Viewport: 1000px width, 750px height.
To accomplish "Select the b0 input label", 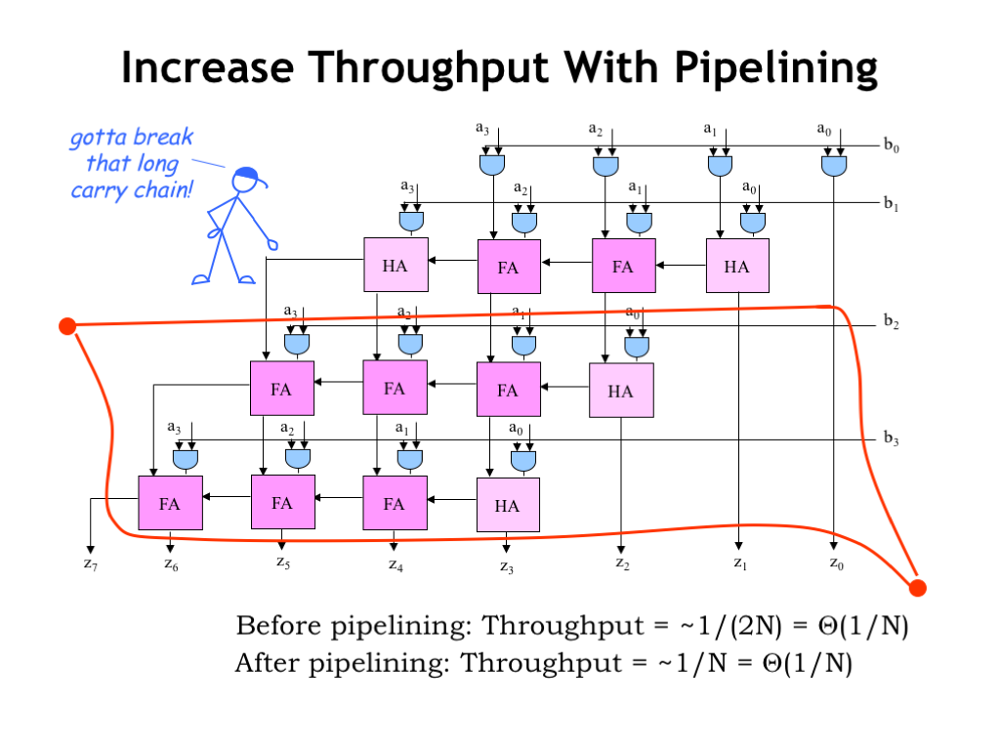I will point(891,146).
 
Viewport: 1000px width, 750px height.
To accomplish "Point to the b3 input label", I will point(891,438).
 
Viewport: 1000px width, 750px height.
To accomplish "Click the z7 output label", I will point(90,563).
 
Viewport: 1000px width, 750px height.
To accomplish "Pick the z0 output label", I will point(836,562).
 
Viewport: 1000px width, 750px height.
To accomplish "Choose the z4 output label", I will point(396,563).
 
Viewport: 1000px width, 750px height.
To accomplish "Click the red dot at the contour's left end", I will point(67,326).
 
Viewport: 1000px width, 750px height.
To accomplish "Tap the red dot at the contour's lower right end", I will point(917,587).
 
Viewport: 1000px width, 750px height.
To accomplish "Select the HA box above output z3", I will point(507,506).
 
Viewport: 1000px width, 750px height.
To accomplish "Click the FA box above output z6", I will point(170,504).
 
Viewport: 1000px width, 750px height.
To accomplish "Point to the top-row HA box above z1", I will point(737,266).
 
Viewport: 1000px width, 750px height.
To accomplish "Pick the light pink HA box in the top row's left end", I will point(396,266).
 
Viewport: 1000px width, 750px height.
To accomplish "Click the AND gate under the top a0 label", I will point(833,166).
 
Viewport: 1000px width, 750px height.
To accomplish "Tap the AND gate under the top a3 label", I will point(492,166).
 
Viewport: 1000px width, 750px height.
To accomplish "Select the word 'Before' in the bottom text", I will point(275,625).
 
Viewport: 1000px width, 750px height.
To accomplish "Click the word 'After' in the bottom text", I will point(265,664).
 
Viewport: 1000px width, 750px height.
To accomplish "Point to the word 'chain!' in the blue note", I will point(160,188).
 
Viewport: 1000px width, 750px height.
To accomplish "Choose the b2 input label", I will point(891,322).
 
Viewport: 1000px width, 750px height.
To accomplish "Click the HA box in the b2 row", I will point(620,391).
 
